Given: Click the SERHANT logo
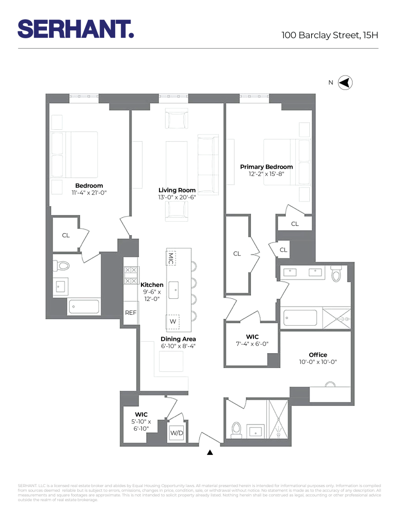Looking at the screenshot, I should (x=76, y=29).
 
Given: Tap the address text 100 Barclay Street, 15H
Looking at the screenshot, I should (x=330, y=35).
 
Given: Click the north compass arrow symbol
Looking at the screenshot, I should (x=345, y=83).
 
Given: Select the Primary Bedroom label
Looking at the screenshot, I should (x=266, y=167).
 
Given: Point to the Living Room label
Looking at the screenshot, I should (x=177, y=190).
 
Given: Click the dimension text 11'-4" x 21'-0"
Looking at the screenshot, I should (x=89, y=193).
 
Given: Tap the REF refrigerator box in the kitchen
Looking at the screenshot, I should (x=131, y=313).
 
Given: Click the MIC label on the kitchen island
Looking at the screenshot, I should (x=171, y=257).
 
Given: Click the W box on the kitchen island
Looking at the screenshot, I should (x=172, y=322).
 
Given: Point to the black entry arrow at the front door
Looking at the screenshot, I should (x=210, y=452).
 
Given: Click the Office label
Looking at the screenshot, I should (x=318, y=355).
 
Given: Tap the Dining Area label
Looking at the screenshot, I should (x=177, y=339).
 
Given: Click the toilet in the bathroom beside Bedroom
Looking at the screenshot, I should (x=63, y=266).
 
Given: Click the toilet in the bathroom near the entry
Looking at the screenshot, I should (x=237, y=429).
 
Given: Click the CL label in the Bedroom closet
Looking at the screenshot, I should (x=66, y=235).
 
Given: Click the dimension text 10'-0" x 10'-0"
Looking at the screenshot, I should (x=318, y=362).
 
